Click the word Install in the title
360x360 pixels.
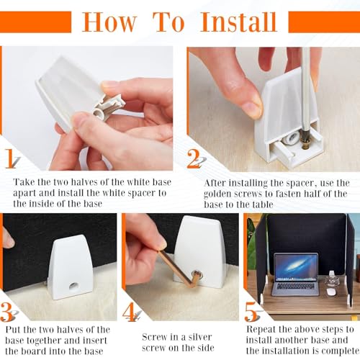click(x=239, y=22)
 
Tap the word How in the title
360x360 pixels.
click(x=109, y=22)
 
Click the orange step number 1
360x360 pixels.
click(x=10, y=158)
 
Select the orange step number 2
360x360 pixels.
click(x=194, y=158)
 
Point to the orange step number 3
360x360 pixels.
click(x=6, y=312)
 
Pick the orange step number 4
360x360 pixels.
click(x=129, y=312)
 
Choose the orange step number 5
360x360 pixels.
click(x=251, y=312)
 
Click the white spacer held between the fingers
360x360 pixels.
click(x=109, y=107)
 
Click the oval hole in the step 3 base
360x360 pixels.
click(x=73, y=286)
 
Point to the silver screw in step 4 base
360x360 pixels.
click(x=197, y=274)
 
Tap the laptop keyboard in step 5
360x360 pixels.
click(x=295, y=287)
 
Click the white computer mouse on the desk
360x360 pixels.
click(x=331, y=292)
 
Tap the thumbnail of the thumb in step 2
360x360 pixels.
click(x=253, y=107)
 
